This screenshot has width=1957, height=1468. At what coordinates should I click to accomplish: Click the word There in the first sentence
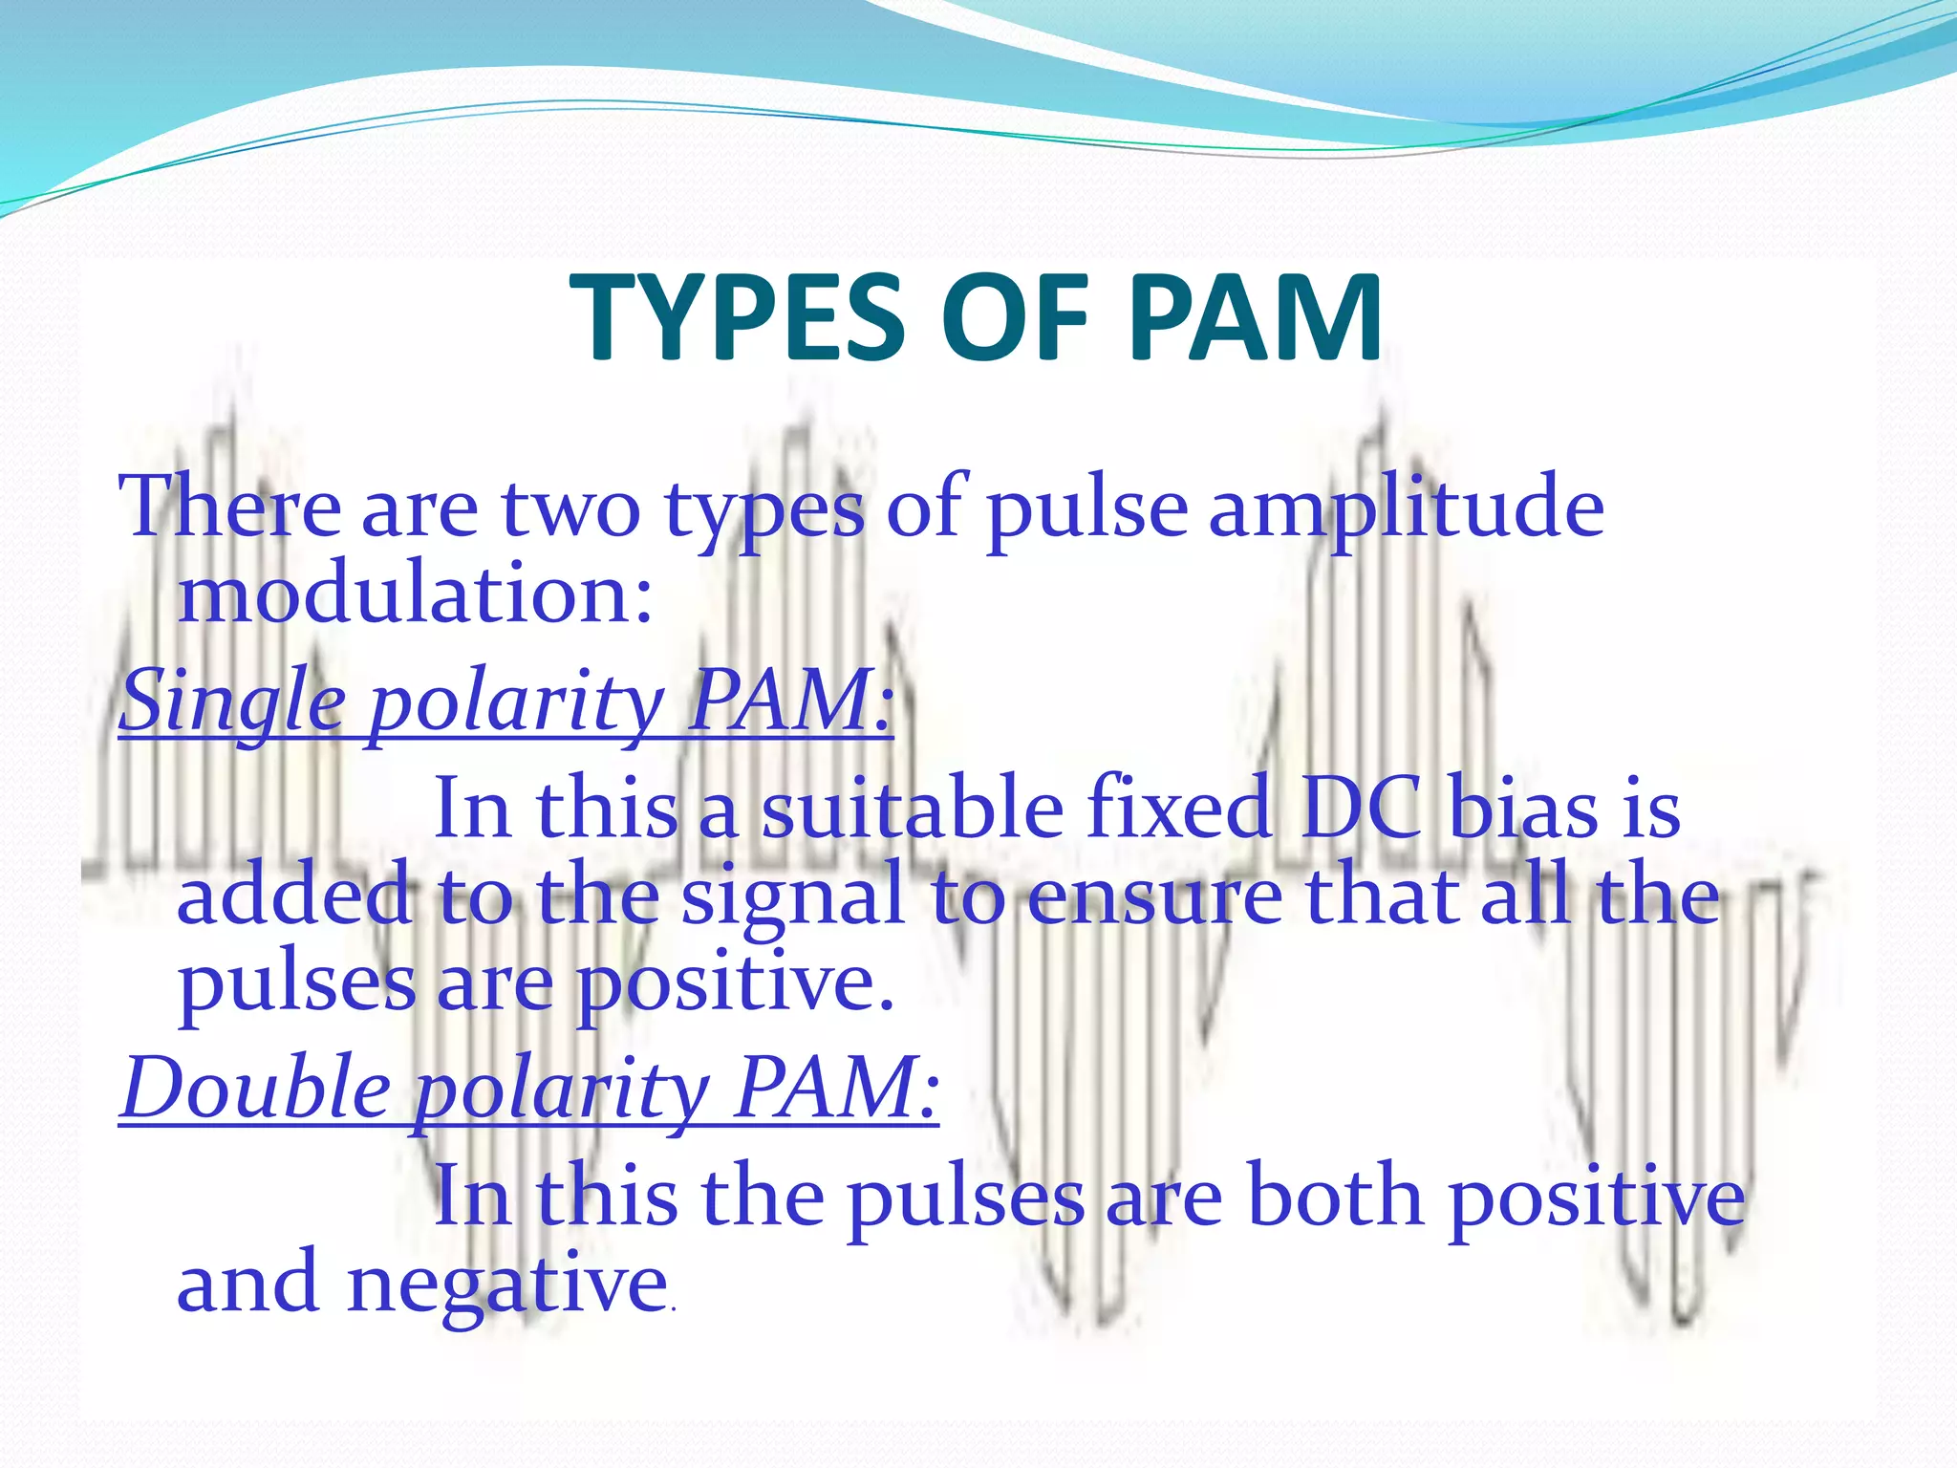click(229, 507)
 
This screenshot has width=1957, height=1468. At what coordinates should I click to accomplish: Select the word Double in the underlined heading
click(256, 1090)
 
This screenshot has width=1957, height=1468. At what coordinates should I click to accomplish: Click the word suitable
click(912, 809)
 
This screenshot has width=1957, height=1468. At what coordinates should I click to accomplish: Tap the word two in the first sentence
click(570, 507)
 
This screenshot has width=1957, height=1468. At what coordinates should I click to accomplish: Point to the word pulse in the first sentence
click(1086, 507)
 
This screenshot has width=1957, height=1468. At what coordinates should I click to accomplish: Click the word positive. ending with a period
click(736, 984)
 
